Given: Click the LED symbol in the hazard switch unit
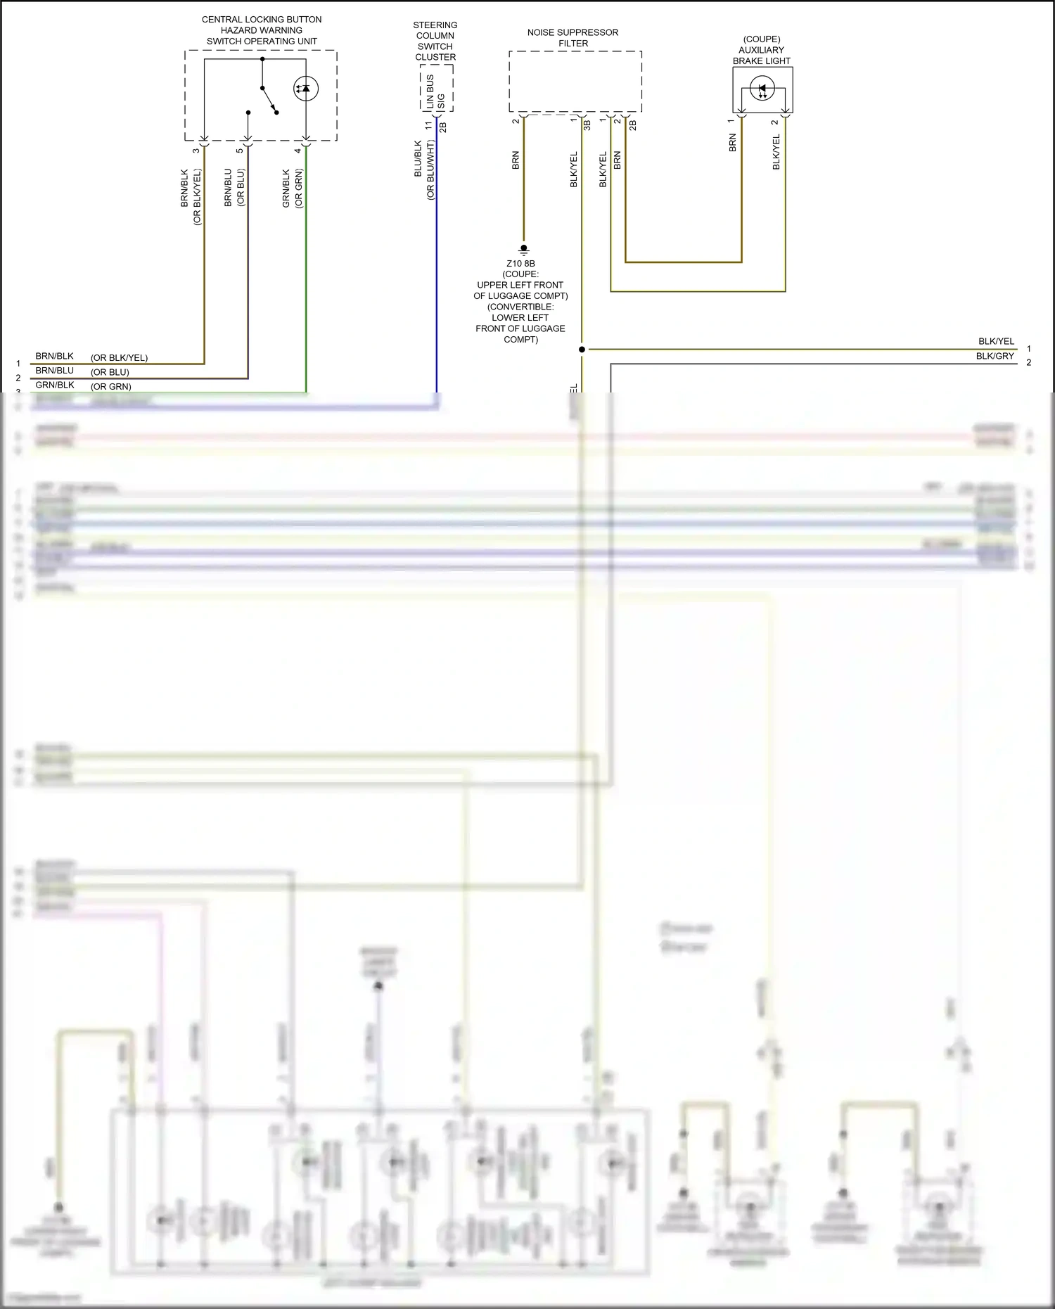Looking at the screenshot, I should click(305, 89).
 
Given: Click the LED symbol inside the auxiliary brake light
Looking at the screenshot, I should click(762, 89).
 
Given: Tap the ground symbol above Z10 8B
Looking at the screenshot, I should click(523, 249).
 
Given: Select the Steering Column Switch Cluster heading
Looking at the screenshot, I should click(435, 41).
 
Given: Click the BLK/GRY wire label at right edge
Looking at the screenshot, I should click(995, 356).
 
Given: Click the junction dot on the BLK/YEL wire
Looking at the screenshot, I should click(582, 349).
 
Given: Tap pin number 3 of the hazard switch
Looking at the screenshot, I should click(196, 150).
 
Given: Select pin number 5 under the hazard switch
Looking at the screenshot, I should click(240, 150).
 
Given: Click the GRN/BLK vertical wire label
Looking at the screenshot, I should click(286, 188).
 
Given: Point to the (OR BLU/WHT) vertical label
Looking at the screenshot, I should click(430, 170).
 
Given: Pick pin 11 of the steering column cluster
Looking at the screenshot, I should click(428, 125).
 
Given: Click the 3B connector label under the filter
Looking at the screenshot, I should click(587, 125).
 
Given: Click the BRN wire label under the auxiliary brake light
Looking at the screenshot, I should click(732, 143).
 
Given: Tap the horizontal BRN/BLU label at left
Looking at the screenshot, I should click(54, 371).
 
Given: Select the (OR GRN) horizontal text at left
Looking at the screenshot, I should click(110, 386).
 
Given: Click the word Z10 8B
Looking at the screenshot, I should click(520, 264).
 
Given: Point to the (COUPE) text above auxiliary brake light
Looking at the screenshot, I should click(762, 39).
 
